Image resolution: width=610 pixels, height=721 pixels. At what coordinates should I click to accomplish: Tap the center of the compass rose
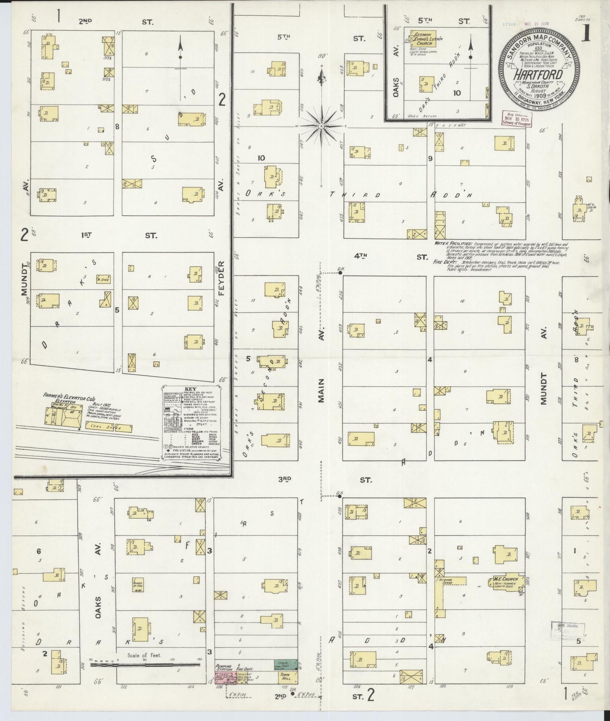click(x=322, y=126)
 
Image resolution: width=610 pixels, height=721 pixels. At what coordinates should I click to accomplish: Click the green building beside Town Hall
click(x=285, y=664)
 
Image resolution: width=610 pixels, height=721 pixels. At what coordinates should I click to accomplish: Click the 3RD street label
click(x=285, y=479)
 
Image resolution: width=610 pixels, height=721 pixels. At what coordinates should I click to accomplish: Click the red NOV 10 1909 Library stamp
click(x=515, y=119)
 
